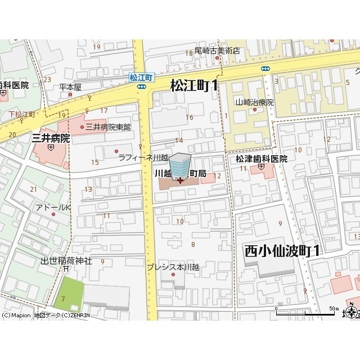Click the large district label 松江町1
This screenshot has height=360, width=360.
pos(193,85)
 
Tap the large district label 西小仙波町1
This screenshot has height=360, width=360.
pos(282,251)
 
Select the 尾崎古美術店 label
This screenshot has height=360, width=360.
pos(217,51)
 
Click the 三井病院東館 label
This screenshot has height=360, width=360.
pos(108,127)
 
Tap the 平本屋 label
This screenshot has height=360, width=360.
pos(70,87)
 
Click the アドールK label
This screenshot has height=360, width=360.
pos(53,208)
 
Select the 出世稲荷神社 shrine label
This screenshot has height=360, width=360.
pos(66,261)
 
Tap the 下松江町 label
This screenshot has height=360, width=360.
pos(22,114)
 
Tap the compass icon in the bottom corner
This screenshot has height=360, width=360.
pos(352,311)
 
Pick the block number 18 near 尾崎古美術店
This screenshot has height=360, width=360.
pos(189,53)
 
